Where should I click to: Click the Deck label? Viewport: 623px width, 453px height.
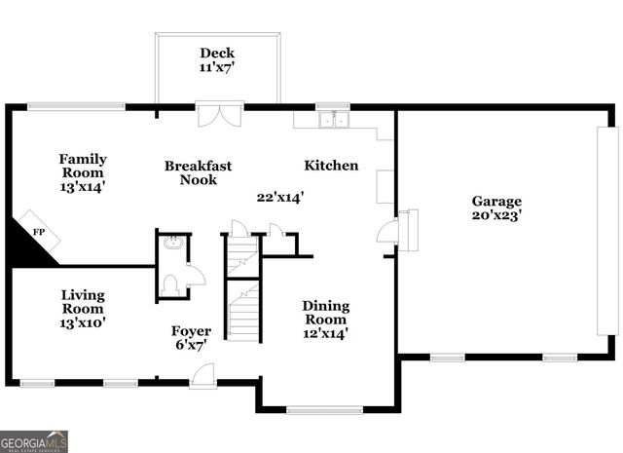pyautogui.click(x=217, y=53)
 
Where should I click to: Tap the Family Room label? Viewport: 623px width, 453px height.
pyautogui.click(x=83, y=166)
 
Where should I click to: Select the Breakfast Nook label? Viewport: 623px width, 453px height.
pyautogui.click(x=198, y=172)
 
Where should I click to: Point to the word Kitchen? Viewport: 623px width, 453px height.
pyautogui.click(x=331, y=166)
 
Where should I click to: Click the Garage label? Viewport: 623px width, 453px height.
pyautogui.click(x=497, y=202)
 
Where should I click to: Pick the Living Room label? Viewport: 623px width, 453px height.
pyautogui.click(x=83, y=301)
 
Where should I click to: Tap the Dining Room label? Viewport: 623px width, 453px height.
pyautogui.click(x=325, y=312)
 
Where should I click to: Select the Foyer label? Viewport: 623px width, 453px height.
pyautogui.click(x=191, y=331)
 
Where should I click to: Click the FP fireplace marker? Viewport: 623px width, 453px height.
pyautogui.click(x=39, y=232)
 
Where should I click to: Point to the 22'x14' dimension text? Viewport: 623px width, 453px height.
pyautogui.click(x=281, y=197)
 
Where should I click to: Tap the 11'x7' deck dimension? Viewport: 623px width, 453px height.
pyautogui.click(x=217, y=68)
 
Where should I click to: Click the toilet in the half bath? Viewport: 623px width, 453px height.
pyautogui.click(x=170, y=283)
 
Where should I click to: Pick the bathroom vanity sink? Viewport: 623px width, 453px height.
pyautogui.click(x=172, y=244)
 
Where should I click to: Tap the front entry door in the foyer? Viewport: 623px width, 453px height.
pyautogui.click(x=202, y=375)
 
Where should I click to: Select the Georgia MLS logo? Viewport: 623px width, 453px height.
pyautogui.click(x=34, y=441)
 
